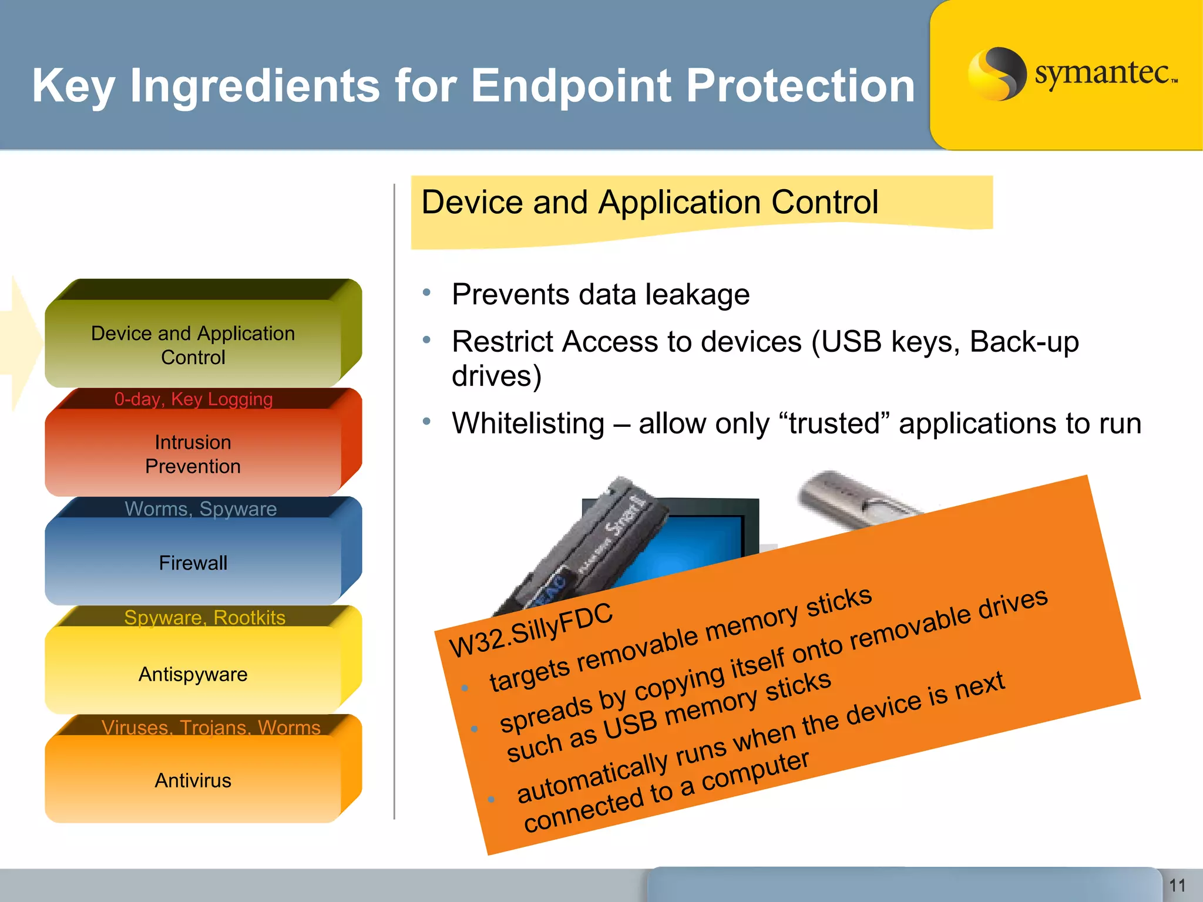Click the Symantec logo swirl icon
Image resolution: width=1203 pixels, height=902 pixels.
tap(997, 73)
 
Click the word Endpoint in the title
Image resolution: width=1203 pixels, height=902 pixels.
tap(571, 86)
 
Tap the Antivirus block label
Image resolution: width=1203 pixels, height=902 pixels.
tap(193, 780)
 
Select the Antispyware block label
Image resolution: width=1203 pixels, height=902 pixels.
tap(193, 674)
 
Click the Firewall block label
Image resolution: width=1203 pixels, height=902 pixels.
tap(193, 563)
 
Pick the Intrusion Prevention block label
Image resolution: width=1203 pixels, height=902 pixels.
tap(193, 454)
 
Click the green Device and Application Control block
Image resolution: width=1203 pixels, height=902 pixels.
tap(193, 345)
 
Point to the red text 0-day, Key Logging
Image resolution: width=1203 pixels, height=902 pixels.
tap(193, 399)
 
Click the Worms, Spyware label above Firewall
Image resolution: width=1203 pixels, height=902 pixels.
tap(200, 509)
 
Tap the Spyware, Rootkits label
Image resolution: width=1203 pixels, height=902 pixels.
tap(204, 617)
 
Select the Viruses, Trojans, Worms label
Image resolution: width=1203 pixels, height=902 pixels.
tap(211, 727)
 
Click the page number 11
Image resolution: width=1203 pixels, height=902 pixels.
tap(1177, 886)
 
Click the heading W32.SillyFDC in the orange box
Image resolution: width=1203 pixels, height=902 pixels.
tap(530, 631)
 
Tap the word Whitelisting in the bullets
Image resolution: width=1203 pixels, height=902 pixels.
tap(527, 423)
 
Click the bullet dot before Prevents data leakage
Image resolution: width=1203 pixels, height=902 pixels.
tap(427, 292)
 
